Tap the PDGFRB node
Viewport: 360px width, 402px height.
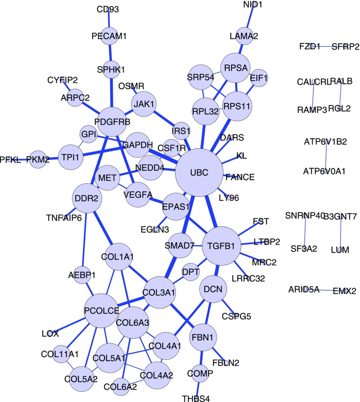pos(110,121)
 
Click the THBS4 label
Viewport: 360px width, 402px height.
pos(196,397)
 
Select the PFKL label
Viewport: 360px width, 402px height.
pos(10,160)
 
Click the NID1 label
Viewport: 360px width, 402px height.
pos(253,4)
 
